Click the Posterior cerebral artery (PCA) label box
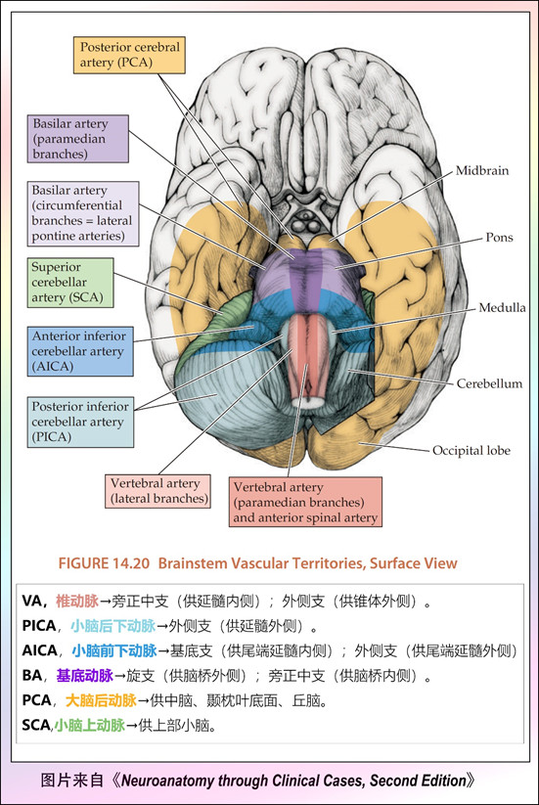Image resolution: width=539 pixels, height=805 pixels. coord(129,55)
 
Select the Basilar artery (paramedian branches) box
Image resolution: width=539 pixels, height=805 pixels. coord(78,139)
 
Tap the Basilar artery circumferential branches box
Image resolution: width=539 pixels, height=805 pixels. coord(83,213)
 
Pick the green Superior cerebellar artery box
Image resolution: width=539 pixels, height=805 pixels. coord(70,283)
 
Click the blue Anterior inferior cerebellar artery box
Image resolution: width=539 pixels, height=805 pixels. coord(80,351)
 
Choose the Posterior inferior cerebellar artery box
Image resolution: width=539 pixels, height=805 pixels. coord(80,422)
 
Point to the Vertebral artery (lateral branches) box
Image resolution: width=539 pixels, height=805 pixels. coord(158,491)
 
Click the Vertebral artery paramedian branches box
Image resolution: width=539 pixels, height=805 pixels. coord(305,502)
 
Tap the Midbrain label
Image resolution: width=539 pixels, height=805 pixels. coord(482,170)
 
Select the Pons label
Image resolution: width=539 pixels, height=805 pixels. coord(499,237)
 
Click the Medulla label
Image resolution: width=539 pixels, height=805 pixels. coord(502,307)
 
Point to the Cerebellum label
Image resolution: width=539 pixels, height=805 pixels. coord(489,383)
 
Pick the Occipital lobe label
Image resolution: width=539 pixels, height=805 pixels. coord(472,450)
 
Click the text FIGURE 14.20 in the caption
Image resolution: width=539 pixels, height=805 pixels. coord(104,563)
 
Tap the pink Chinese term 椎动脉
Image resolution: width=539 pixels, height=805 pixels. coord(77,601)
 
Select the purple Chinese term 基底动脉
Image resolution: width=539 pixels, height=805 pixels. coord(85,675)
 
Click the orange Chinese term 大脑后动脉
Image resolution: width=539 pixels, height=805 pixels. coord(101,700)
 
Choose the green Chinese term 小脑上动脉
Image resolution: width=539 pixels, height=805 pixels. coord(90,725)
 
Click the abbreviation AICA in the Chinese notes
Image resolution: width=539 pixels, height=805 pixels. coord(39,650)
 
